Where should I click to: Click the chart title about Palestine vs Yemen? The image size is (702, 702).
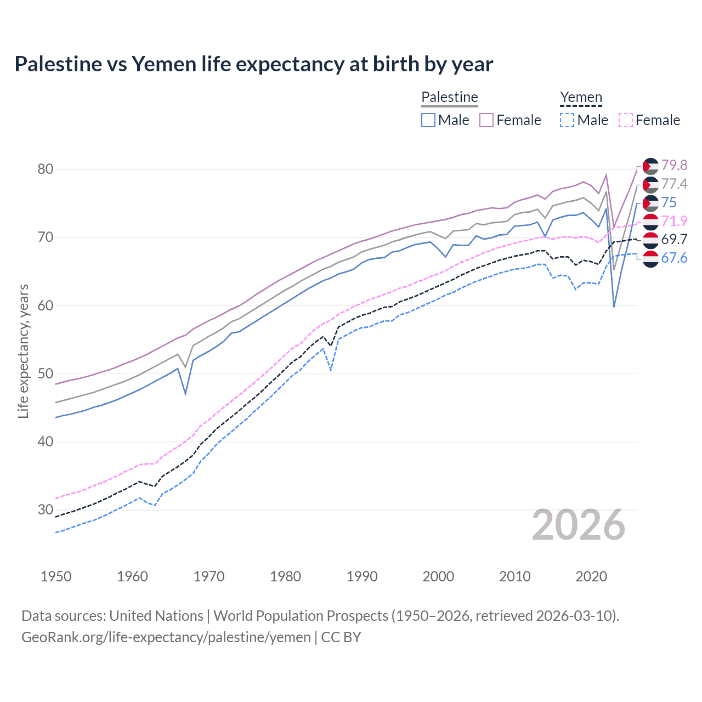[253, 64]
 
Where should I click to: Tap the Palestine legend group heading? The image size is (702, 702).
[450, 97]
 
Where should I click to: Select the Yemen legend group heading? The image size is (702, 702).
[581, 97]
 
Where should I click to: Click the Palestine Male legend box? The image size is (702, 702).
[428, 120]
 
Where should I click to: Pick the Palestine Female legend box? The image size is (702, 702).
[486, 120]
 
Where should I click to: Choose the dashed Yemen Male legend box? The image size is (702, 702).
[567, 120]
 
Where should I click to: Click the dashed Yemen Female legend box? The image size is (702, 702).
[626, 120]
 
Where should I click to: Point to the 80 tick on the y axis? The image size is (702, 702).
[46, 169]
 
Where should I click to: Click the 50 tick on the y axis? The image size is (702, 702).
[46, 373]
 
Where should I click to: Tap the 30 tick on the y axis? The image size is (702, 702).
[46, 509]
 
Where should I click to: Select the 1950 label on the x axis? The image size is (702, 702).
[56, 576]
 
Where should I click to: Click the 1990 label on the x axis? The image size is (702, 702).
[362, 576]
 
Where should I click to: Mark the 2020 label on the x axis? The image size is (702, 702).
[591, 576]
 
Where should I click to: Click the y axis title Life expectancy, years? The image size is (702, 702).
[23, 351]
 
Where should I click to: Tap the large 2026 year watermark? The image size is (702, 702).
[578, 525]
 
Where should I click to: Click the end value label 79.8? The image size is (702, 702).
[674, 165]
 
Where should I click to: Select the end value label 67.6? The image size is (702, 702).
[674, 258]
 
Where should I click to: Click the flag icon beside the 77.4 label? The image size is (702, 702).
[650, 184]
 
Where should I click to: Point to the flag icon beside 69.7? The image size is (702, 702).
[650, 240]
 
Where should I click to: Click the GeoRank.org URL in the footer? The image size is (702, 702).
[166, 637]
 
